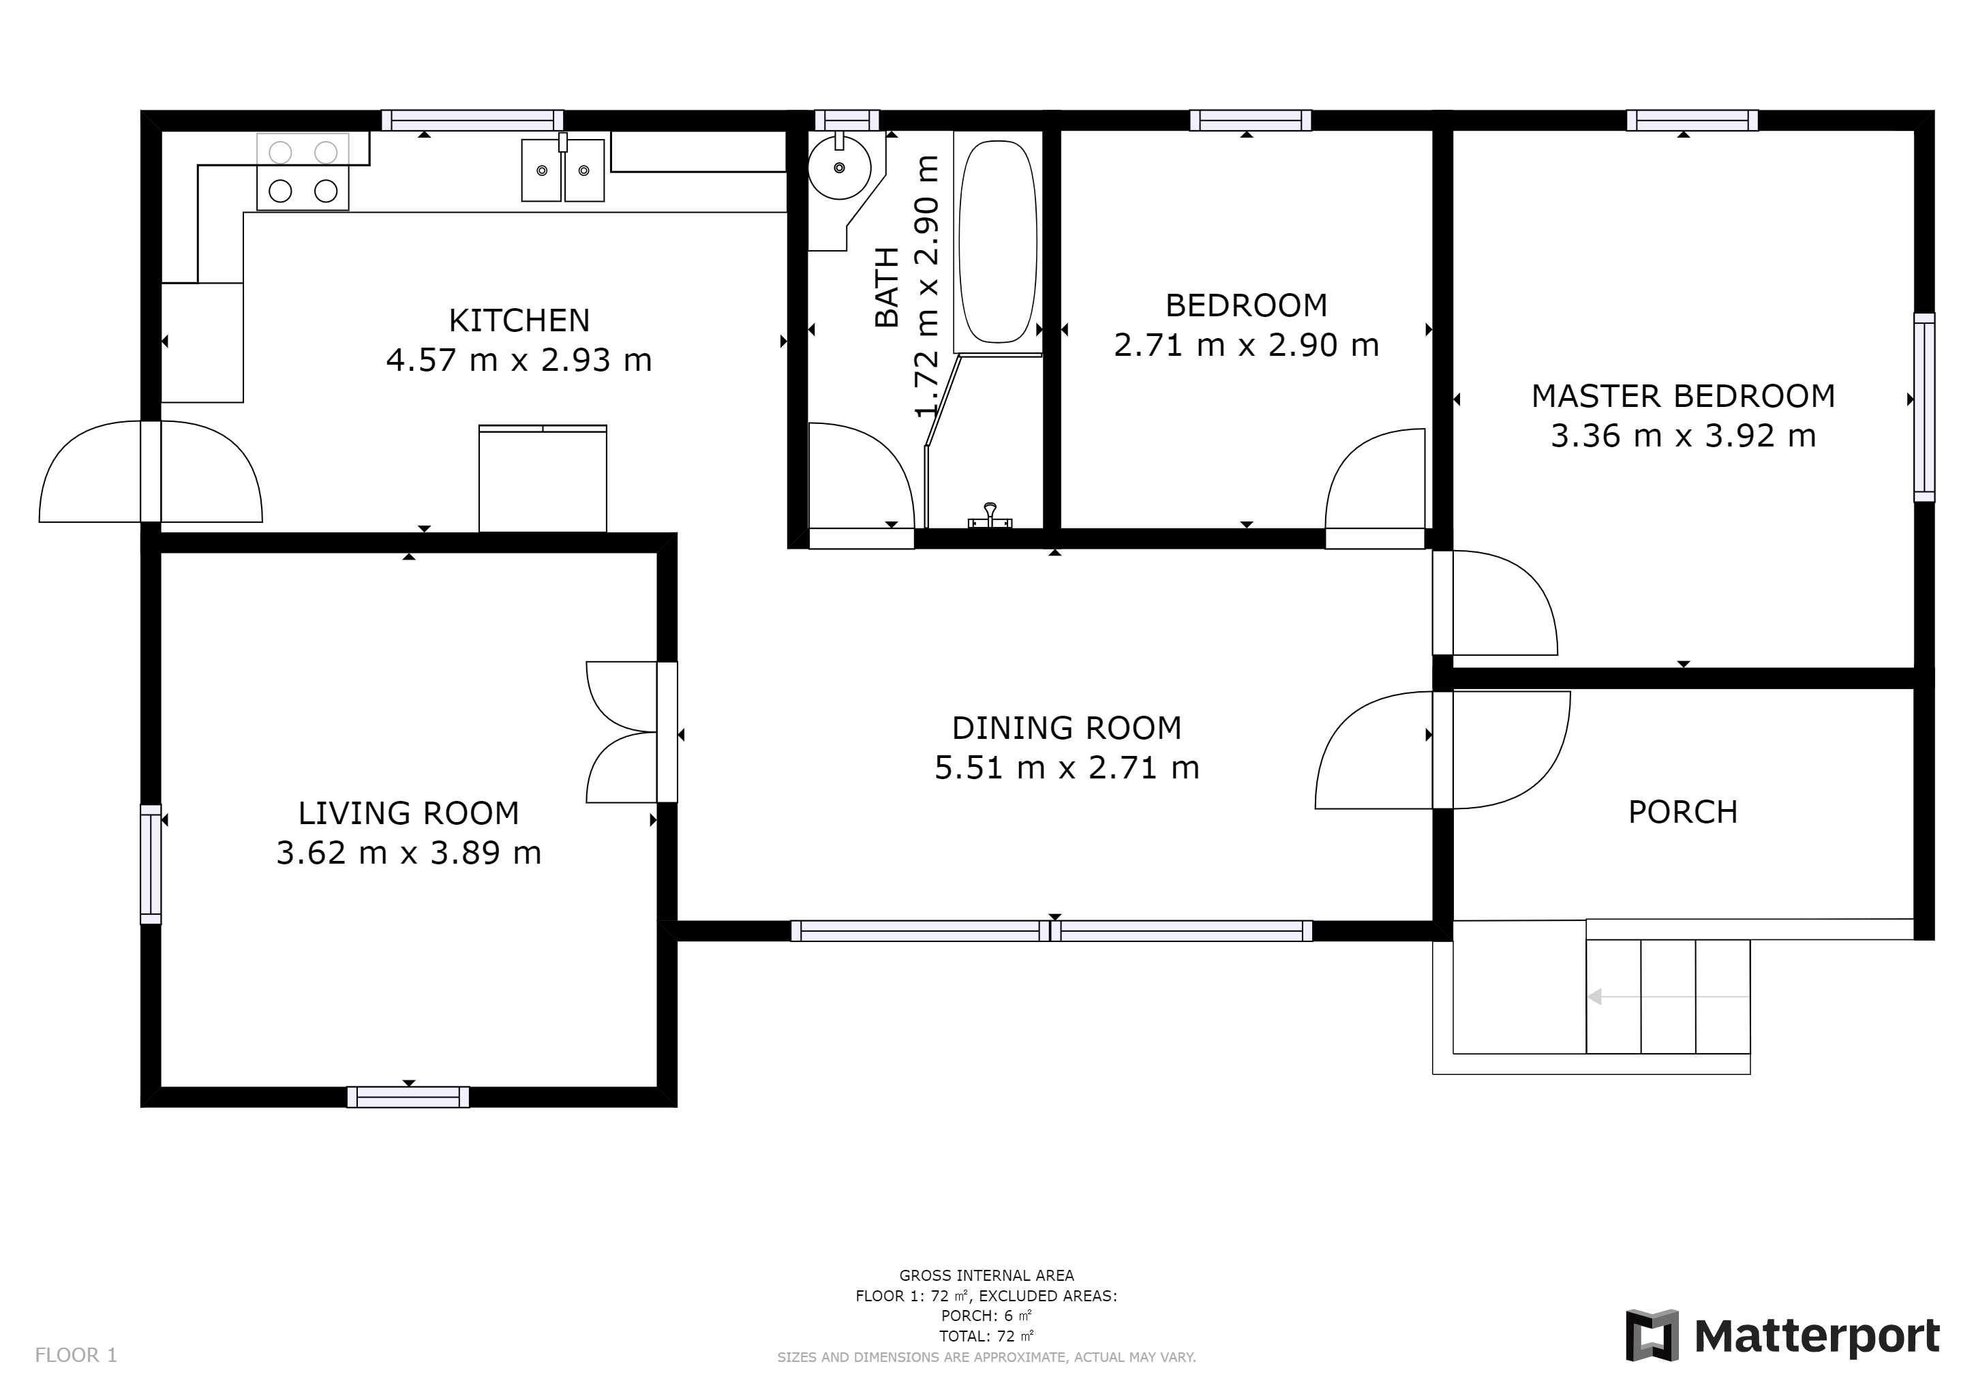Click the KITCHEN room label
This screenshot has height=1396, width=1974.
[519, 320]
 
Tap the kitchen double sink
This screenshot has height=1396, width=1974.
[563, 170]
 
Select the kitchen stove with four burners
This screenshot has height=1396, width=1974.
[303, 172]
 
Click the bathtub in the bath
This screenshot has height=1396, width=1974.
[997, 243]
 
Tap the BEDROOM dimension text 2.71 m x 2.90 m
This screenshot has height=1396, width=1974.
[1247, 346]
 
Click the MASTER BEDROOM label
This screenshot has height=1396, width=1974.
[1684, 396]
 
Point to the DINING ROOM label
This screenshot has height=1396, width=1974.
[1067, 728]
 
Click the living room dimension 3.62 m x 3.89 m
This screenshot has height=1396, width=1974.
[409, 853]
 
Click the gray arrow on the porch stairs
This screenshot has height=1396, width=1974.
[1668, 997]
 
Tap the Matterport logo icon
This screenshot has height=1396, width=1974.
[1652, 1335]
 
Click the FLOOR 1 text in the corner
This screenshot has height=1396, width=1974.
[76, 1356]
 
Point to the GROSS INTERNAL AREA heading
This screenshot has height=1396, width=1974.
[987, 1275]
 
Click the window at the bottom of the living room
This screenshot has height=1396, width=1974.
[408, 1097]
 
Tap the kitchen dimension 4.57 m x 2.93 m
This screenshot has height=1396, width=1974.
[519, 360]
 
